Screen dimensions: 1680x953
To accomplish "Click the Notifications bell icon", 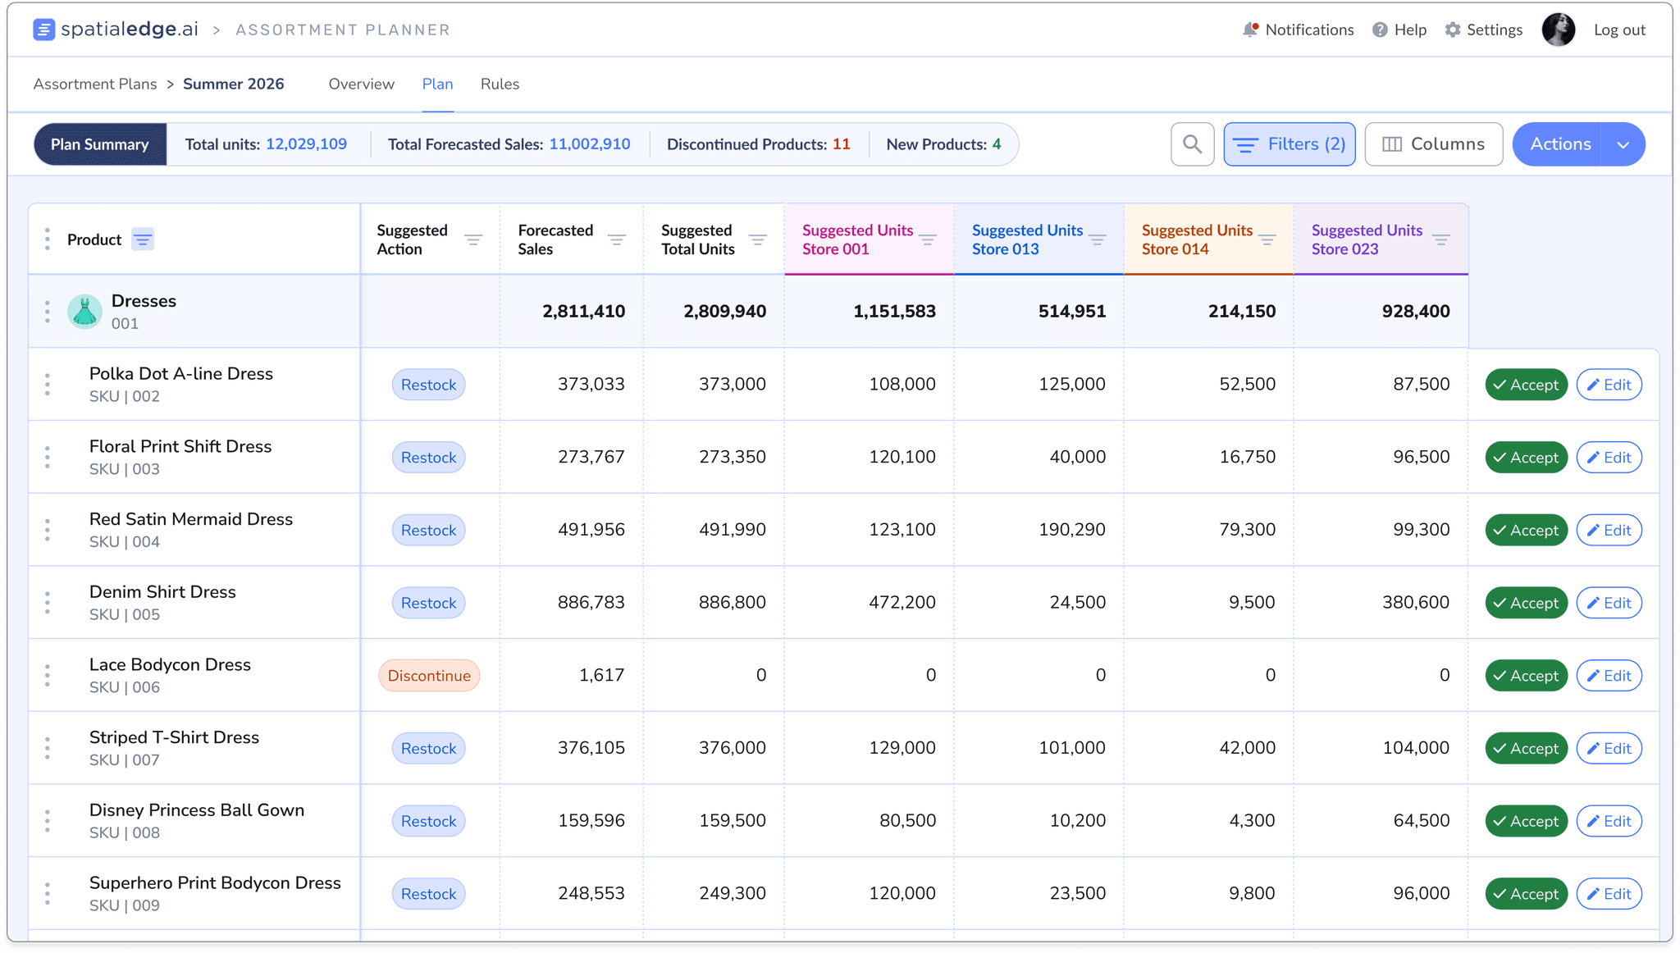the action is click(1250, 30).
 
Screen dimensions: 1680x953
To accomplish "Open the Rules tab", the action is click(500, 84).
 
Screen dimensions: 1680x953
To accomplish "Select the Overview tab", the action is click(361, 84).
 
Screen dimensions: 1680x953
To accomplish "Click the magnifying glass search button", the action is click(1192, 144).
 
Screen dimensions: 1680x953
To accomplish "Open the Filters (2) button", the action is click(1289, 144).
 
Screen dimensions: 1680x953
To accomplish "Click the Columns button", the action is click(1433, 144).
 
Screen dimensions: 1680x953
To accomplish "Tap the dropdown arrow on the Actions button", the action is click(1623, 144).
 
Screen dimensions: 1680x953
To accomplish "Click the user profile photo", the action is click(1558, 30).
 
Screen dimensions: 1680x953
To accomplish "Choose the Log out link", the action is click(1619, 30).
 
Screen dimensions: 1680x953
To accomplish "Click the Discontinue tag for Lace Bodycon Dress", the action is click(429, 676).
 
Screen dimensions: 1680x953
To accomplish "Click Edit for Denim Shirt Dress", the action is click(1609, 603).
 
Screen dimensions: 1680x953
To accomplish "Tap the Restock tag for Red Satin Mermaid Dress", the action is click(428, 530).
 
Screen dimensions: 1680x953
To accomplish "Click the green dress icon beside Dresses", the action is click(84, 312).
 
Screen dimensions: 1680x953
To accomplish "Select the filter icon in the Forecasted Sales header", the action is click(616, 239).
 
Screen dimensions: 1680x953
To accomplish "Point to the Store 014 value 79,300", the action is click(1247, 530).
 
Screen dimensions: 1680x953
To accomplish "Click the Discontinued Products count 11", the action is click(842, 144).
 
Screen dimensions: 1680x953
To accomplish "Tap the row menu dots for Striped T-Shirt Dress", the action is click(48, 748).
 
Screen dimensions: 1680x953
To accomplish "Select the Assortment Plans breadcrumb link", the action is click(95, 84).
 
